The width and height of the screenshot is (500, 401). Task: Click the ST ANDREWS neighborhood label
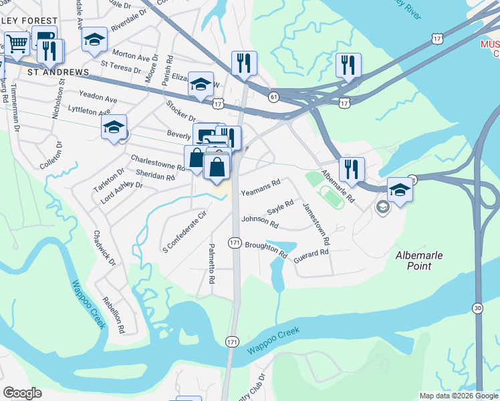click(x=57, y=72)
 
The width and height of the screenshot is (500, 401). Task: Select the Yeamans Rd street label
click(x=260, y=186)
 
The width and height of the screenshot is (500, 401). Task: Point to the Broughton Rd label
click(x=265, y=250)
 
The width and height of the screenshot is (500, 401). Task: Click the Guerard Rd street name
click(x=311, y=253)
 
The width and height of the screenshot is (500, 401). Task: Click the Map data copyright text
click(x=459, y=396)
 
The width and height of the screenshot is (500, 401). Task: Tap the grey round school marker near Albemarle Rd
click(x=382, y=207)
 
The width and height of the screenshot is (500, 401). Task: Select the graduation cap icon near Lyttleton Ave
click(x=114, y=128)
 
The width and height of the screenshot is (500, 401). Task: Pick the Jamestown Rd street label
click(x=317, y=223)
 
